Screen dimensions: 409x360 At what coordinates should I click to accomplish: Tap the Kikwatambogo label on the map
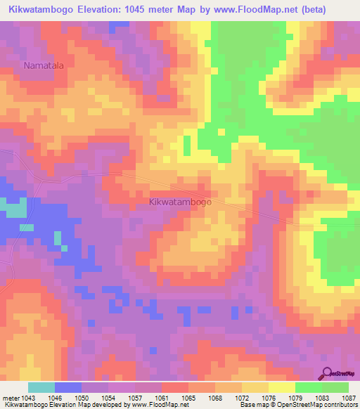(181, 202)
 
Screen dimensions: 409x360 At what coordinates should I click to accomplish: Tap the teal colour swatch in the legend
(41, 387)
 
